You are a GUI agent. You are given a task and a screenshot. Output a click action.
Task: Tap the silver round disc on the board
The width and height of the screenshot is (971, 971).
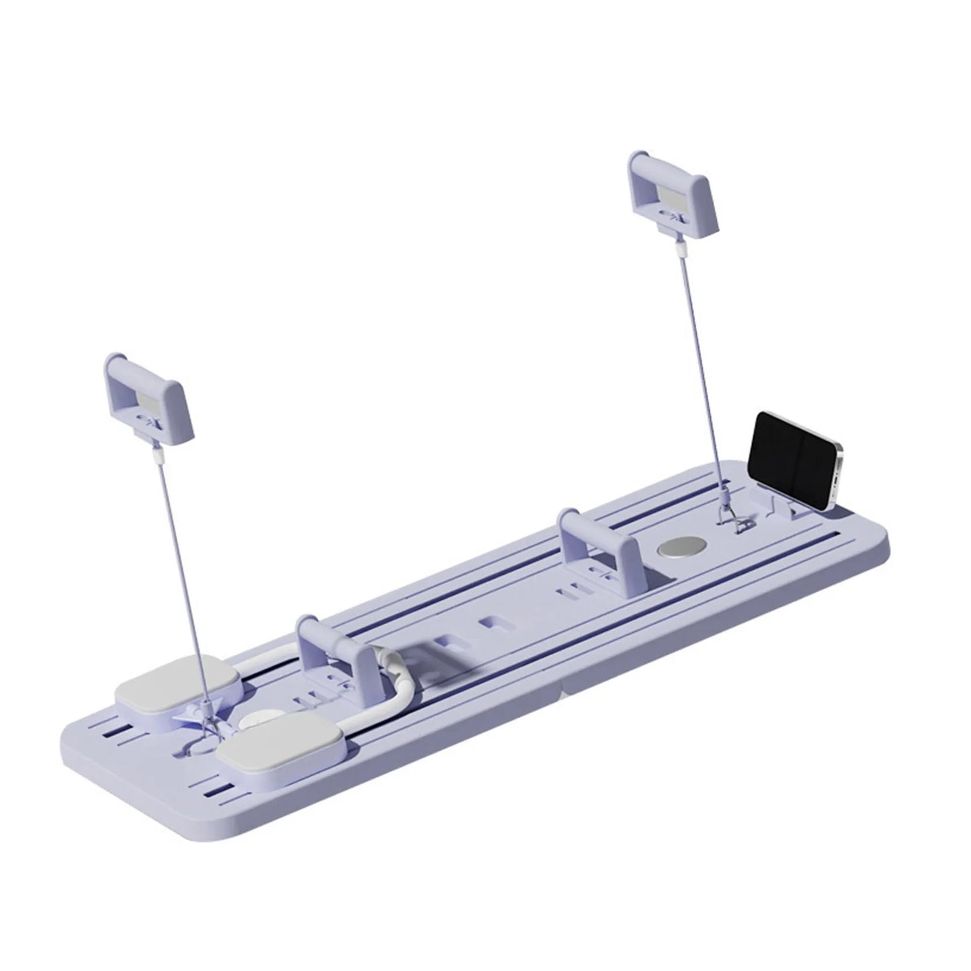[x=678, y=546]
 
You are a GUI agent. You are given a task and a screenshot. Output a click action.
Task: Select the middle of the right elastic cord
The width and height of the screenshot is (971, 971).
[x=702, y=376]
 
